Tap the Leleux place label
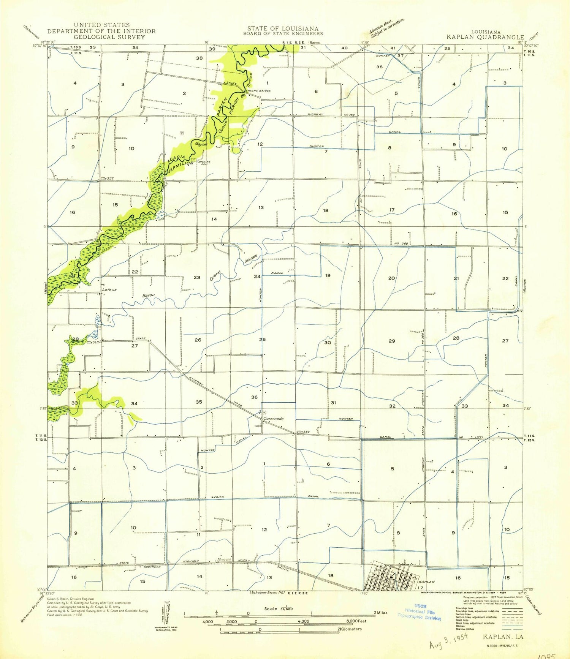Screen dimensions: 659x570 pyautogui.click(x=109, y=289)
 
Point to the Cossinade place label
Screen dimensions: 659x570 pyautogui.click(x=273, y=419)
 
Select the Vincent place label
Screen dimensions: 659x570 pyautogui.click(x=224, y=559)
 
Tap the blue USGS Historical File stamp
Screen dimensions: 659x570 pyautogui.click(x=420, y=612)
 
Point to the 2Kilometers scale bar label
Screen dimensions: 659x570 pyautogui.click(x=350, y=629)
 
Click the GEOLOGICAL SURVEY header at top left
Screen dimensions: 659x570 pyautogui.click(x=109, y=37)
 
